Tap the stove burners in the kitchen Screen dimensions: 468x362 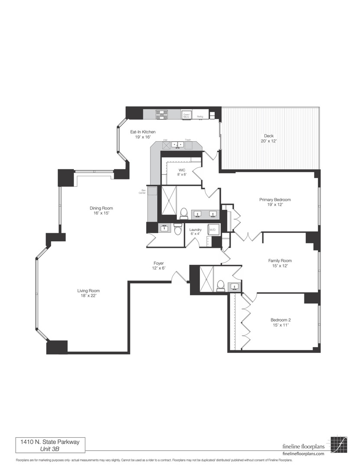[161, 114]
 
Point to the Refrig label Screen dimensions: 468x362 [200, 117]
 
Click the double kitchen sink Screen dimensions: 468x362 [177, 144]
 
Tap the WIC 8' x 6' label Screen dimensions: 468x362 [182, 172]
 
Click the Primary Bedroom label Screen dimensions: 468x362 [275, 202]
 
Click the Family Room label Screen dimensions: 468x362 [280, 263]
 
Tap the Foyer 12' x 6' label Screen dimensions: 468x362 [159, 266]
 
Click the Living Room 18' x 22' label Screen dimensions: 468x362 [88, 293]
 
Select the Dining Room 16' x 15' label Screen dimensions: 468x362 [101, 210]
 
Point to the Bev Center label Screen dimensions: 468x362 [142, 192]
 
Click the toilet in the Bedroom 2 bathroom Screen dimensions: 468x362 [220, 285]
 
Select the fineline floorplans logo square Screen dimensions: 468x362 [338, 445]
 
